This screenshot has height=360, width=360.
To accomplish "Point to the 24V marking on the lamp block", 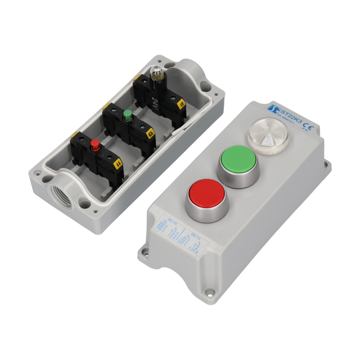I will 155,102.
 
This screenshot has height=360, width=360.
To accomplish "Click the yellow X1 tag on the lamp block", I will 181,104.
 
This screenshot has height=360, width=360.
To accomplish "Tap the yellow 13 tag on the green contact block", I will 150,134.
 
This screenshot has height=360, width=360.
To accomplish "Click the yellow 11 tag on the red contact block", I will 118,164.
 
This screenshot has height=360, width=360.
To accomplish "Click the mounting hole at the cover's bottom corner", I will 209,292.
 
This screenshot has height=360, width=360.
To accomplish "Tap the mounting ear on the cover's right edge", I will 325,165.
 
